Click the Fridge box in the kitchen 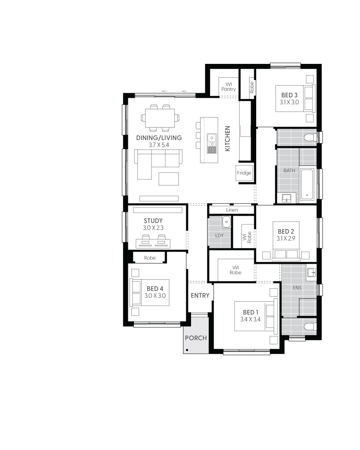[x=244, y=173]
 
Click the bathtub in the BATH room [x=307, y=184]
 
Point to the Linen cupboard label [x=232, y=210]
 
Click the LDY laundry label [x=219, y=235]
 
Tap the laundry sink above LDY [x=226, y=222]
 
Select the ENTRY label [x=200, y=296]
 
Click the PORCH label [x=195, y=338]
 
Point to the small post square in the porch [x=187, y=349]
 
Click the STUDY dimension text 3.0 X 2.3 [x=153, y=228]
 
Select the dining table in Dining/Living [x=160, y=118]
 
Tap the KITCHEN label [x=228, y=139]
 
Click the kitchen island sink [x=212, y=138]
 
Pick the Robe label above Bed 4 [x=150, y=258]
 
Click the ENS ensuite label [x=297, y=288]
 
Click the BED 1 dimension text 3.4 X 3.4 [x=250, y=319]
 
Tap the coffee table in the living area [x=169, y=179]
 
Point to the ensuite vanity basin [x=311, y=272]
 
